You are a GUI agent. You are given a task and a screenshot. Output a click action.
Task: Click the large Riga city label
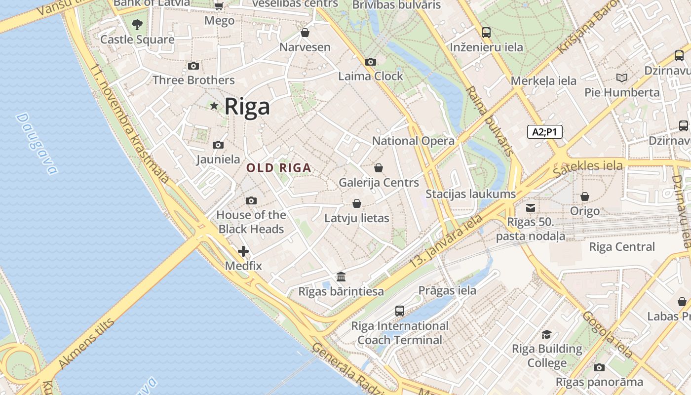(247, 106)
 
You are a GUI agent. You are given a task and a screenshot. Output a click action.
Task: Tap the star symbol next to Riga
(214, 106)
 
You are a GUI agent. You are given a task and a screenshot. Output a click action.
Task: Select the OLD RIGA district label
(279, 168)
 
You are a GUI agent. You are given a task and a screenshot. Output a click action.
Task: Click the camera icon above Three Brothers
(193, 66)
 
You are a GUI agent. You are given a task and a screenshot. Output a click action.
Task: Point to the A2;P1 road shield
(545, 132)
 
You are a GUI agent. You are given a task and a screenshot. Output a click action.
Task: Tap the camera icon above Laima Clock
(371, 62)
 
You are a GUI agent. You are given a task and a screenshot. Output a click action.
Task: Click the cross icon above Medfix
(243, 251)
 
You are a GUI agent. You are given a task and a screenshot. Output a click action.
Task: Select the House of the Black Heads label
(251, 222)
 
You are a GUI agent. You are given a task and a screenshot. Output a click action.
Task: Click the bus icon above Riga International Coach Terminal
(400, 311)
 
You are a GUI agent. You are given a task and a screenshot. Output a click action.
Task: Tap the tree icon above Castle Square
(137, 24)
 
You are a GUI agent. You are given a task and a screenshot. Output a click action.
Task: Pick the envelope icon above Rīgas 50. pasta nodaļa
(531, 207)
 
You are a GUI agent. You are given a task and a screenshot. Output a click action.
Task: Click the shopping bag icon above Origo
(585, 197)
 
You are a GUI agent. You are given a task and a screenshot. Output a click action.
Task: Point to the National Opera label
(413, 141)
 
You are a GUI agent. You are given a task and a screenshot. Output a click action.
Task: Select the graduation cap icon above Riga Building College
(546, 334)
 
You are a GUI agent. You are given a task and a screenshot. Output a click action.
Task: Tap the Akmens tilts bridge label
(86, 344)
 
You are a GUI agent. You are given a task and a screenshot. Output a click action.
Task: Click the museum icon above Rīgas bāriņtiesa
(341, 276)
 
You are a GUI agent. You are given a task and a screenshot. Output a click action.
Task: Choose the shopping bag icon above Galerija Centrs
(379, 168)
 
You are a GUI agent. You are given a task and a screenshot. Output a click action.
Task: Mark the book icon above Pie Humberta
(622, 78)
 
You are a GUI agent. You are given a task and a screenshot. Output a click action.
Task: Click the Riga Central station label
(622, 247)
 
